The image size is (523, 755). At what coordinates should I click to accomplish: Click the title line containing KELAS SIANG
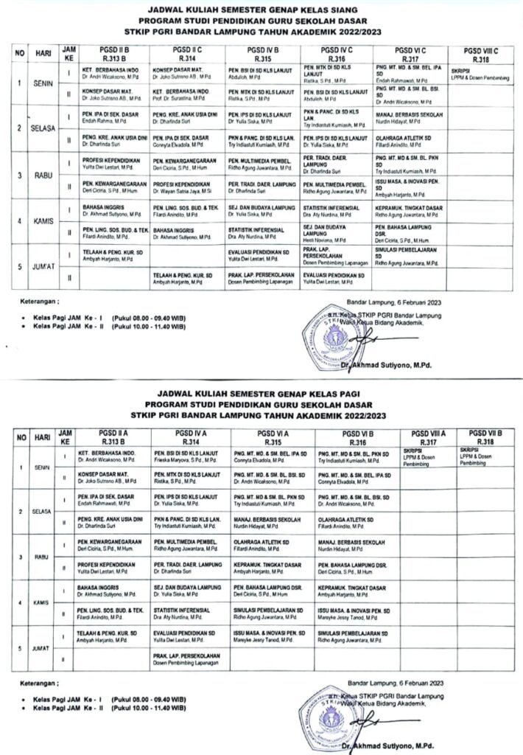[x=261, y=10]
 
